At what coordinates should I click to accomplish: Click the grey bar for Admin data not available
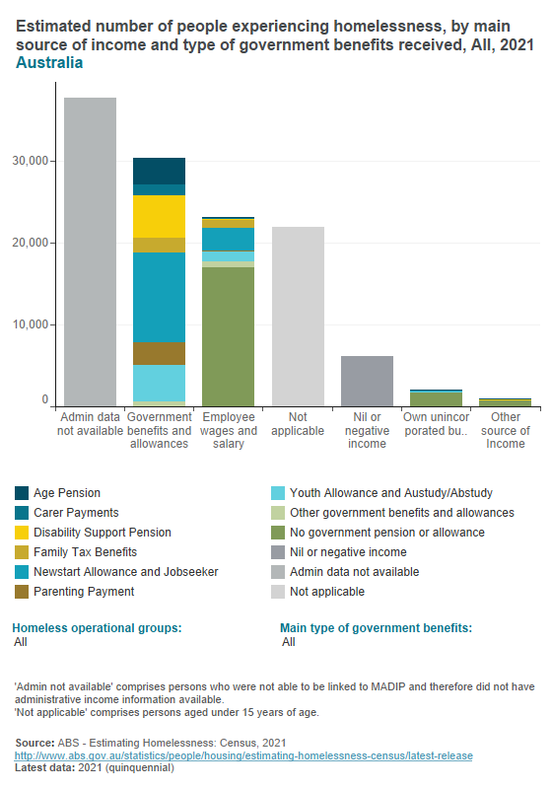[90, 251]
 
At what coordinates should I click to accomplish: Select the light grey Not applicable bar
[297, 316]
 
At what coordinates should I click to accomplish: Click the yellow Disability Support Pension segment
[159, 216]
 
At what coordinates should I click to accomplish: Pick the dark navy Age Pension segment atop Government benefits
[159, 171]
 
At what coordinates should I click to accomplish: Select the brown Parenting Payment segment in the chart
[159, 353]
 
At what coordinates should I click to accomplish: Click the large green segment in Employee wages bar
[228, 335]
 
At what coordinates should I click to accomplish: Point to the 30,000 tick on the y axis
[34, 161]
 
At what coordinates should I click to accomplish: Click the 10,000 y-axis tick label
[34, 324]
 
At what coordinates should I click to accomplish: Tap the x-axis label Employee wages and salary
[228, 430]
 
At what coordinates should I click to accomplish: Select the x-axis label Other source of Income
[505, 430]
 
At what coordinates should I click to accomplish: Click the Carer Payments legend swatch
[23, 513]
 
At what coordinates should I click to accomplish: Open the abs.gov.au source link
[242, 755]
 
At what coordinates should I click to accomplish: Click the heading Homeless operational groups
[97, 627]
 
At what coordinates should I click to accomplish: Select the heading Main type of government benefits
[376, 627]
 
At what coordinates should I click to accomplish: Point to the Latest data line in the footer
[95, 767]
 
